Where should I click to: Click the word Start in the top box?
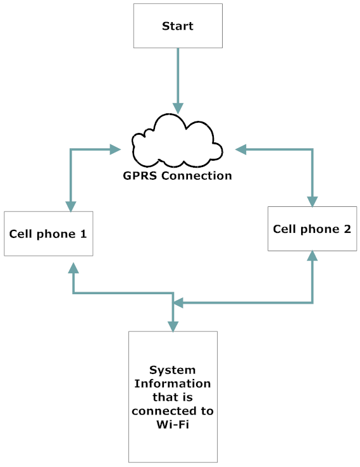point(177,26)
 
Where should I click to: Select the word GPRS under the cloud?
point(140,176)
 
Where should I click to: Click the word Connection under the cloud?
point(197,176)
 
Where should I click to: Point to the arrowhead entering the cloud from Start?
point(178,108)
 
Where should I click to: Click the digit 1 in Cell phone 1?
point(84,233)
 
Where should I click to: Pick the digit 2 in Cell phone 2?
point(347,228)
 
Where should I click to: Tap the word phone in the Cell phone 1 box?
point(56,234)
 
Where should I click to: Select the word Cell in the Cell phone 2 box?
point(285,228)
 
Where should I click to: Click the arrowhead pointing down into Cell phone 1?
point(71,206)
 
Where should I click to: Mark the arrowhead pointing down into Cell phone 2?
point(313,202)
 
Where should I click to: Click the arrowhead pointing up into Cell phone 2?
point(313,256)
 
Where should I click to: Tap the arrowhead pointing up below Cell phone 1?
point(73,268)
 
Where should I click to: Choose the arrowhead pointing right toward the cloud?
point(115,149)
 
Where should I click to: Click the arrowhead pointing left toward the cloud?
point(241,149)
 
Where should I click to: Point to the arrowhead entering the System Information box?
point(173,327)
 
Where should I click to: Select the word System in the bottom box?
point(172,370)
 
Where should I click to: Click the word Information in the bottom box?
point(172,383)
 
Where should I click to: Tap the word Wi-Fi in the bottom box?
point(173,424)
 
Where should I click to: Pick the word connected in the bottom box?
point(164,411)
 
